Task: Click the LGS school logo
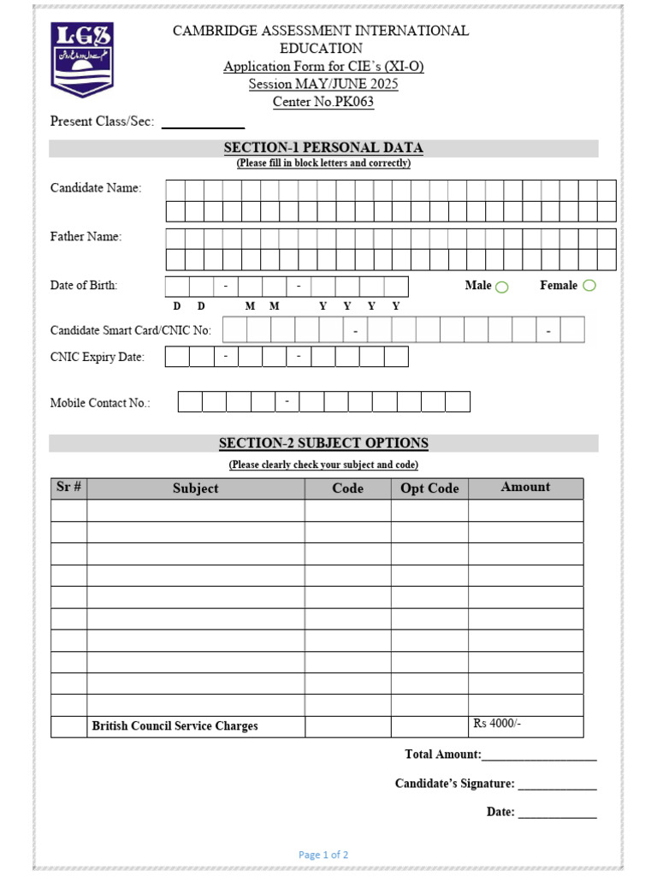pos(81,59)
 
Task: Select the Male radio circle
pos(502,287)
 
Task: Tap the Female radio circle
pos(589,286)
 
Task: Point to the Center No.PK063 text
pos(323,102)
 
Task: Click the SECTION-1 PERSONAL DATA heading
pos(323,148)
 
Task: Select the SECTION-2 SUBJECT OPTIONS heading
pos(323,443)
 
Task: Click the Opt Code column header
pos(429,488)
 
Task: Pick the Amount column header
pos(525,487)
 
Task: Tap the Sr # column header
pos(68,487)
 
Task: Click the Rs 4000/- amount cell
pos(525,725)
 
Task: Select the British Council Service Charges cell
pos(195,726)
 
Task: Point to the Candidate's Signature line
pos(557,785)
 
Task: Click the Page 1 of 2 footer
pos(323,855)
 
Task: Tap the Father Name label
pos(86,237)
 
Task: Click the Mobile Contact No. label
pos(100,403)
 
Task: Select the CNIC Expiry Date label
pos(98,358)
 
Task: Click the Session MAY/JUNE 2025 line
pos(323,84)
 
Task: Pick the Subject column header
pos(195,488)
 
